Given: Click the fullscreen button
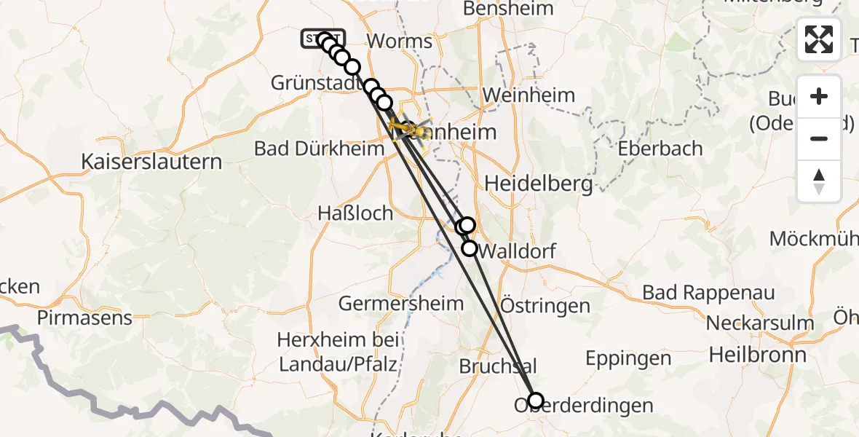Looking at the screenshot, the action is click(x=819, y=39).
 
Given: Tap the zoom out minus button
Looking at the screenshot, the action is click(x=819, y=138).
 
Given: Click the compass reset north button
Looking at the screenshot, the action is click(x=819, y=181).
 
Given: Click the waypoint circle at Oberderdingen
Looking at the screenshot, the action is click(x=536, y=400).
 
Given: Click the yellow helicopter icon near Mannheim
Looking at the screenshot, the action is click(x=405, y=129).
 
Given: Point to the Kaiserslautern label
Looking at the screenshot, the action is click(x=151, y=161).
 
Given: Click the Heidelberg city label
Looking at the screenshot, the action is click(x=538, y=184).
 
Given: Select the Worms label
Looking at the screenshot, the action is click(x=400, y=41).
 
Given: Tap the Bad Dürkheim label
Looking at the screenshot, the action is click(x=319, y=149).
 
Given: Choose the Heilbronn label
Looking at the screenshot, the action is click(x=757, y=355).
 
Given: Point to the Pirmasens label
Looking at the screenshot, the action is click(x=84, y=318).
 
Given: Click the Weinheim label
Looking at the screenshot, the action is click(x=529, y=95).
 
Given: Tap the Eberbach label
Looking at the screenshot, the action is click(x=660, y=149).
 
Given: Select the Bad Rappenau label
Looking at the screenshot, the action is click(x=708, y=293).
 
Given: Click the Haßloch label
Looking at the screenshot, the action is click(x=355, y=213).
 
